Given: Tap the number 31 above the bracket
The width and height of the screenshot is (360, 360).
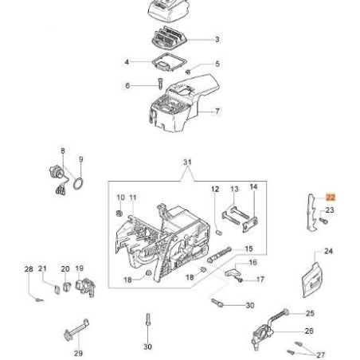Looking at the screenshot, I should pos(188,162).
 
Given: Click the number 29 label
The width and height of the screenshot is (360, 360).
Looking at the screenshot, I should pos(77,353).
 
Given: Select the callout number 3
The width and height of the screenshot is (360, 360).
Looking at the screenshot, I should pos(217,38).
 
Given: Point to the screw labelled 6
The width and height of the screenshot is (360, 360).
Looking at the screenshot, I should pos(159,83).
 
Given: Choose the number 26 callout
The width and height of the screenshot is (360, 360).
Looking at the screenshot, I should pos(310,331).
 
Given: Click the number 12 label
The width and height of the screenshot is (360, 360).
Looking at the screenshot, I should pos(214,189).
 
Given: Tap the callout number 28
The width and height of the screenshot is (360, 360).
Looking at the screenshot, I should pos(29,270).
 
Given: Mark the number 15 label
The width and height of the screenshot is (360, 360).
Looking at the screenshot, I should pos(249,248).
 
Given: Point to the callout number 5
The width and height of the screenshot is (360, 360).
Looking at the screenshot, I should pos(217,64).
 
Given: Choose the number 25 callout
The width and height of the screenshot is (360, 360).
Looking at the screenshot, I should pos(310,313).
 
